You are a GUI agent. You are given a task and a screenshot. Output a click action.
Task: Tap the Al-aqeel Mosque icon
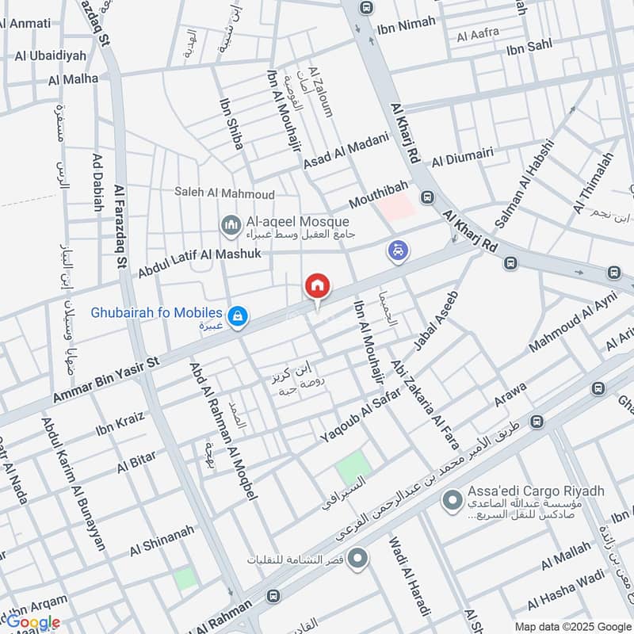[231, 227]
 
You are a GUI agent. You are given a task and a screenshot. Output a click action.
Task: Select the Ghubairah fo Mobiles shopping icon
[235, 317]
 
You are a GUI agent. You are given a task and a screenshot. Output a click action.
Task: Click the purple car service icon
[399, 251]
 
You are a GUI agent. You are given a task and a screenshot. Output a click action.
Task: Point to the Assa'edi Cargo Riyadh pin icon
[452, 500]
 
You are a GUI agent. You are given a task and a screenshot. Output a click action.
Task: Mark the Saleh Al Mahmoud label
[225, 194]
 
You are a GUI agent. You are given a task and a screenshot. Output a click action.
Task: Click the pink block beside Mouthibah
[395, 207]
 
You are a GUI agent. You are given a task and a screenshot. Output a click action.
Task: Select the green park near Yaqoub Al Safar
[353, 467]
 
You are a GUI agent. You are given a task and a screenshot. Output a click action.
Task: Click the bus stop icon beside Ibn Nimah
[365, 8]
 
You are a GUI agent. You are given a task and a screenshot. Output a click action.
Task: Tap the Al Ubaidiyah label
[49, 56]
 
